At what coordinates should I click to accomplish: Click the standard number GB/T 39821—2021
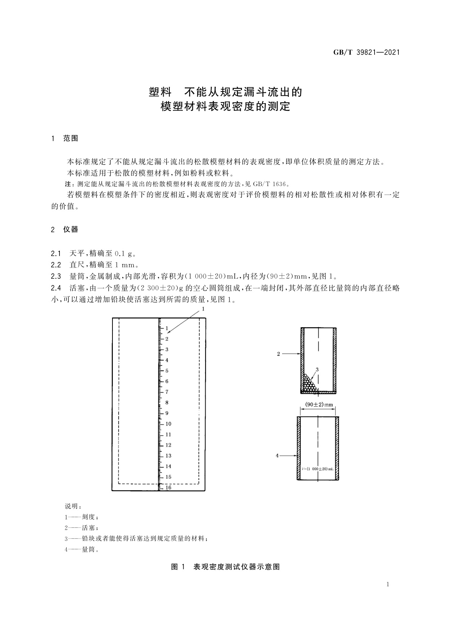pos(366,53)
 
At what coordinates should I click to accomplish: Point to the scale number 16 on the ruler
pos(168,488)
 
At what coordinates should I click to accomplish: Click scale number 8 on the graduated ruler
pos(167,402)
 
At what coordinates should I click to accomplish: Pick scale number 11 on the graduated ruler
pos(168,434)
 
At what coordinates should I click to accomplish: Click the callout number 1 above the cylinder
pos(203,309)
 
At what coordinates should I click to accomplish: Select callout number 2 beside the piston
pos(278,354)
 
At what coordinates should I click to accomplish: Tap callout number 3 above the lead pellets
pos(317,369)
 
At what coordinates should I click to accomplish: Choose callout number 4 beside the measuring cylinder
pos(277,456)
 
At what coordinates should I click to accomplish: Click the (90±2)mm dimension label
pos(319,405)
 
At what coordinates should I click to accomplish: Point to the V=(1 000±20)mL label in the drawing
pos(318,469)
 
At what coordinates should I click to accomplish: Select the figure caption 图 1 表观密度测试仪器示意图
pos(225,567)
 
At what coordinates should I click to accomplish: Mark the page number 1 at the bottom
pos(388,584)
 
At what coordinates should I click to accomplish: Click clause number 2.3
pos(56,276)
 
